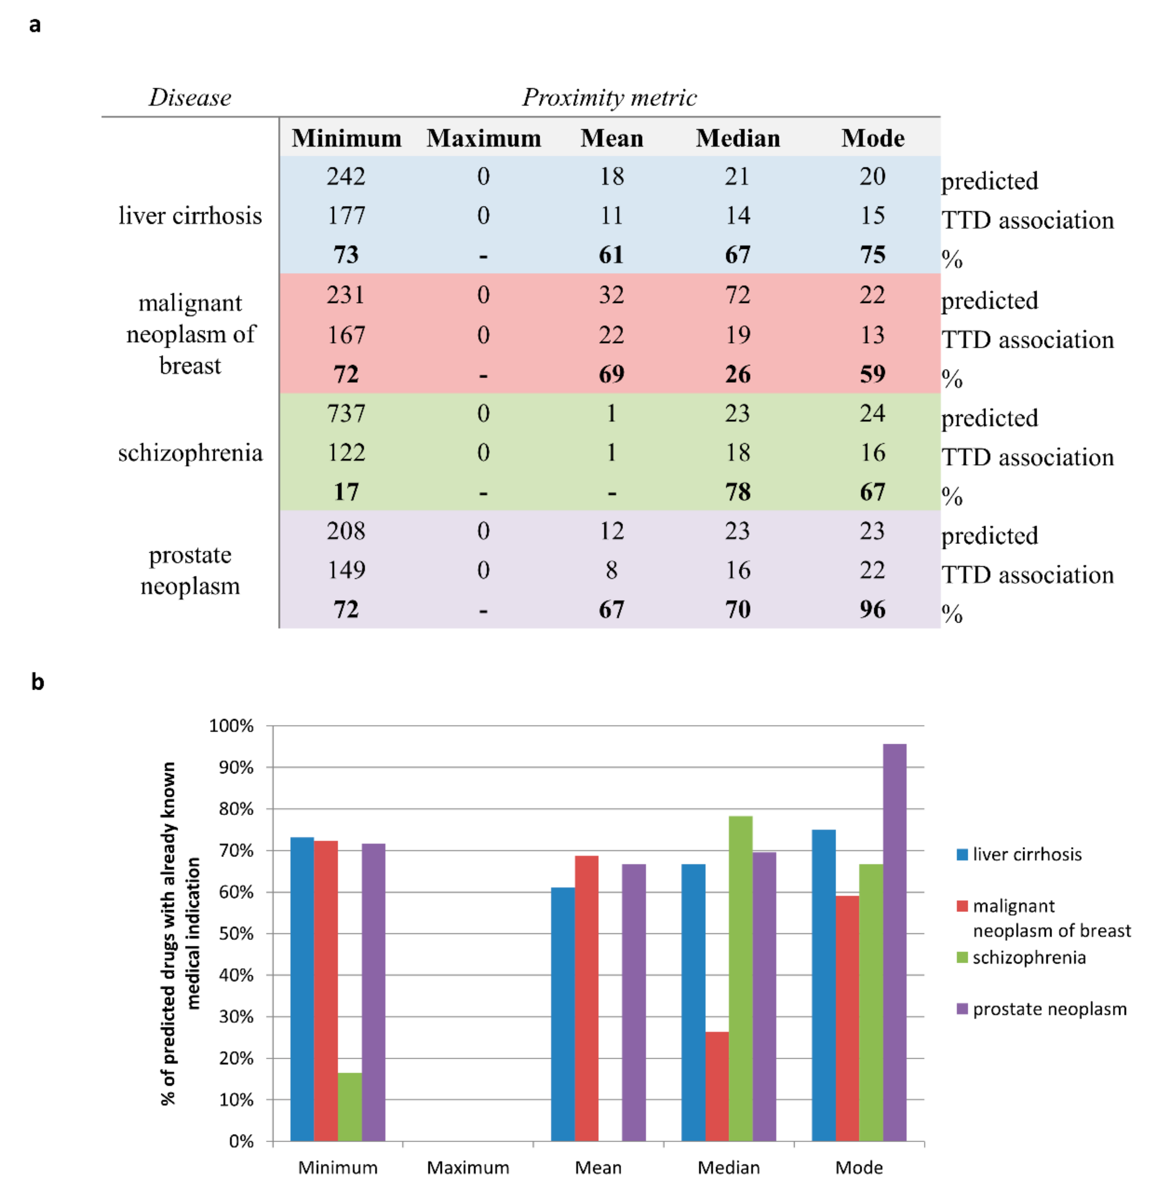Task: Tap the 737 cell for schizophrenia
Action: [346, 413]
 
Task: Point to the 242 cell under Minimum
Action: [346, 176]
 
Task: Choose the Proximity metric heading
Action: [609, 98]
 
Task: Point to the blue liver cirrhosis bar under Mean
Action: [563, 1013]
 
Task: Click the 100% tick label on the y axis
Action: [231, 726]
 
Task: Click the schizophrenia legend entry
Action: [1028, 957]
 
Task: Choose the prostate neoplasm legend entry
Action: [1049, 1009]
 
